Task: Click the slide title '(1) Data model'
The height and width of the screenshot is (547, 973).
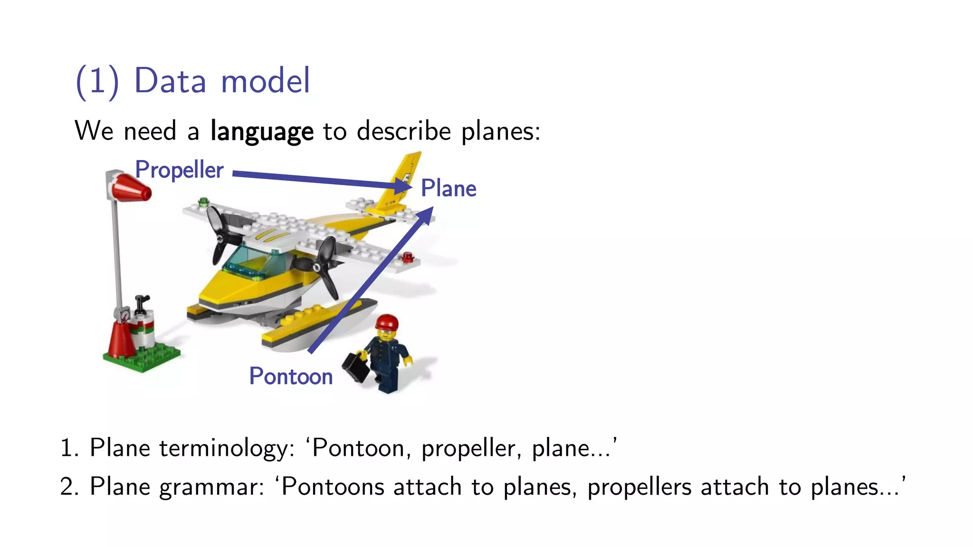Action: [x=193, y=81]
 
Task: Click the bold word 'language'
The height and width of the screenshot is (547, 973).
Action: [x=262, y=132]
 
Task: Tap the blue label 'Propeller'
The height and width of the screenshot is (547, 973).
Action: [x=179, y=170]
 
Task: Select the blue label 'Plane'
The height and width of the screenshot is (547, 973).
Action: [x=448, y=189]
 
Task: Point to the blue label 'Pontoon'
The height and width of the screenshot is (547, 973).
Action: [x=291, y=377]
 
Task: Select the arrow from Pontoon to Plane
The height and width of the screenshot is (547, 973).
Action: [x=371, y=280]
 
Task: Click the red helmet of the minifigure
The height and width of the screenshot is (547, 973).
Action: [x=387, y=322]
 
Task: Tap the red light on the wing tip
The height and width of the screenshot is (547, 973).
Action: [x=408, y=258]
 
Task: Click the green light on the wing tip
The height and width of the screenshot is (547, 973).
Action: [x=204, y=201]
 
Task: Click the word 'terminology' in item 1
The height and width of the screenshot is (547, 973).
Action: [x=227, y=449]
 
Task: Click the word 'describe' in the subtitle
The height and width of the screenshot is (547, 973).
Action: [x=403, y=131]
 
